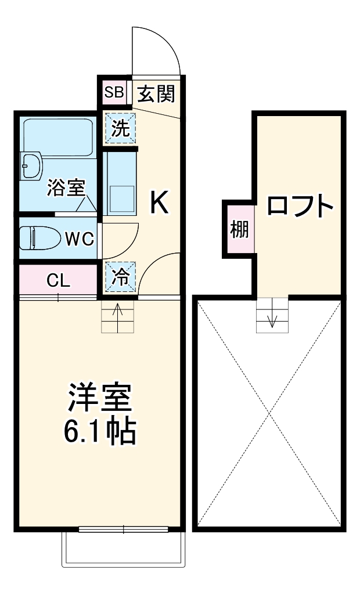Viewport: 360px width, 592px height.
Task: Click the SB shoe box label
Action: (114, 92)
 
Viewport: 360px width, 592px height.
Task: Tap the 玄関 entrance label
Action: (156, 93)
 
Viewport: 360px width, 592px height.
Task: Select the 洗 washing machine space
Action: (121, 128)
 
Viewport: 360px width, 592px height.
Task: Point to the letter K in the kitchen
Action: (159, 203)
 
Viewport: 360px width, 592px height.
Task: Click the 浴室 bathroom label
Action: (66, 189)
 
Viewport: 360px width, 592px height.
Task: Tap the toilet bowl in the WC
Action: (38, 237)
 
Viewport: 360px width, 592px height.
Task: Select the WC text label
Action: (80, 239)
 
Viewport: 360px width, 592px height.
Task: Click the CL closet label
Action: (58, 281)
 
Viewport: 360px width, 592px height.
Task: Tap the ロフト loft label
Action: (300, 205)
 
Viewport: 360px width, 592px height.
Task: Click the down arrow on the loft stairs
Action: (272, 318)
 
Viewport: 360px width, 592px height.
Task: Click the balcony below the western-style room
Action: (124, 549)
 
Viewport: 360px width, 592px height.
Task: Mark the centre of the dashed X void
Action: (269, 413)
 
